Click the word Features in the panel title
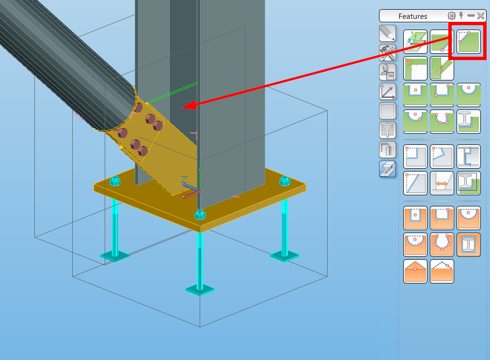point(412,16)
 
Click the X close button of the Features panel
point(480,16)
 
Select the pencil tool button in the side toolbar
point(387,33)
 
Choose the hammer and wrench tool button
point(387,52)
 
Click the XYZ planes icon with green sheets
point(415,42)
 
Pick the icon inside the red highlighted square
point(468,42)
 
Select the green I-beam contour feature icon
point(468,122)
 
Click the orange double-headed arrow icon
point(442,183)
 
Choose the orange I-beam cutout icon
point(468,245)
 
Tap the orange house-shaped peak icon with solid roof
point(415,271)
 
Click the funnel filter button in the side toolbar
point(387,130)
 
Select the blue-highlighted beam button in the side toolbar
point(387,168)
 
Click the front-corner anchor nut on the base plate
point(199,215)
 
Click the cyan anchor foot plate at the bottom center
point(200,289)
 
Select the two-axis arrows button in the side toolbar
point(387,91)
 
